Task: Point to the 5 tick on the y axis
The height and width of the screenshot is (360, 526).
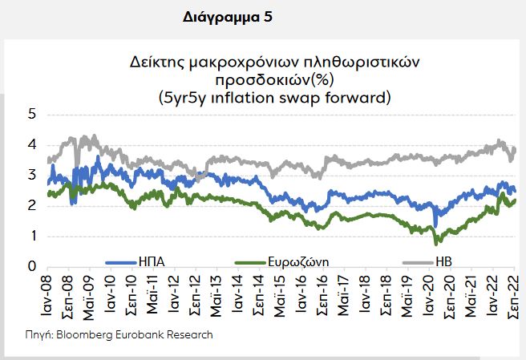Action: click(32, 115)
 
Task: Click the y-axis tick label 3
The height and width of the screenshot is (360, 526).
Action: click(32, 176)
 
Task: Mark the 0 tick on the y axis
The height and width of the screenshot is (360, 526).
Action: click(32, 267)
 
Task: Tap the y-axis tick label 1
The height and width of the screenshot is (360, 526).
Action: click(32, 237)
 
